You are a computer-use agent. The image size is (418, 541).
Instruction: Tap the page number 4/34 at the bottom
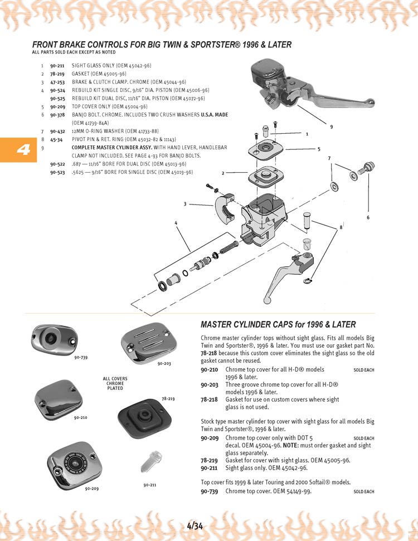(x=196, y=525)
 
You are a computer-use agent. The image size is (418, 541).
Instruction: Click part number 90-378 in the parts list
(x=57, y=115)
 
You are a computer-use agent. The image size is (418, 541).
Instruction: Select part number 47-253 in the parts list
(x=57, y=82)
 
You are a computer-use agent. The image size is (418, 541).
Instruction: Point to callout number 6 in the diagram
(x=368, y=217)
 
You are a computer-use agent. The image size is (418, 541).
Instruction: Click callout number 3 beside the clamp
(x=185, y=204)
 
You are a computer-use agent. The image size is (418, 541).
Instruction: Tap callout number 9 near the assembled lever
(x=331, y=128)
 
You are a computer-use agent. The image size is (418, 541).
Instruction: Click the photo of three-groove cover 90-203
(x=146, y=342)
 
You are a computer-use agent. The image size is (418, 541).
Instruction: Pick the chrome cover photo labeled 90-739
(x=54, y=338)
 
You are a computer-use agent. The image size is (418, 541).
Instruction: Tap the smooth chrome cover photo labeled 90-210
(x=58, y=397)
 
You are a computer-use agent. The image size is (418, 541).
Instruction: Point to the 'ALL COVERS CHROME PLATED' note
(x=115, y=383)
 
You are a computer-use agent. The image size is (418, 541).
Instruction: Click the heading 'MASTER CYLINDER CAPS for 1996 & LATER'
(x=278, y=324)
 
